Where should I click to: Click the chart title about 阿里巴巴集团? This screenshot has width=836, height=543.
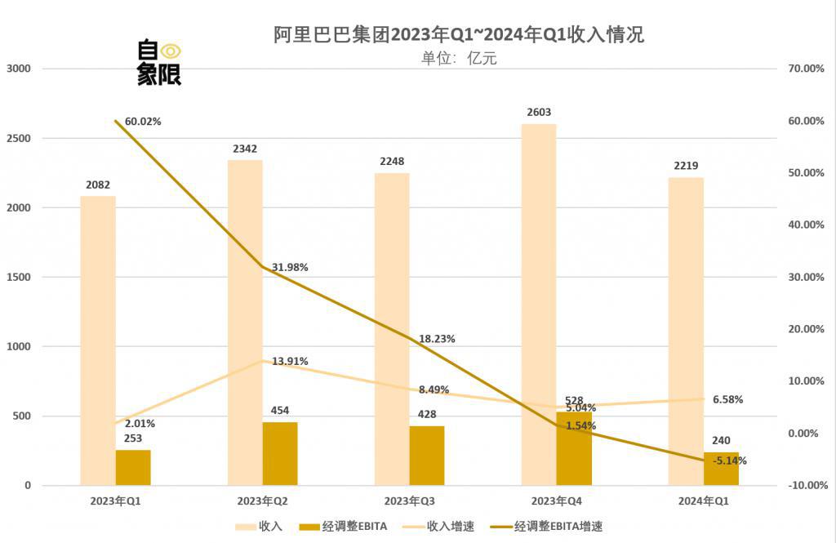click(459, 34)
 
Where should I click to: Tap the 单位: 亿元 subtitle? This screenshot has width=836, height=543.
click(459, 58)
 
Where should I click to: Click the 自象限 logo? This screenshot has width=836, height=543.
click(158, 63)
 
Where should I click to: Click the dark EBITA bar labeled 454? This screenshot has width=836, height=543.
click(280, 453)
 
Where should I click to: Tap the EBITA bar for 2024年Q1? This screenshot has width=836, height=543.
click(721, 468)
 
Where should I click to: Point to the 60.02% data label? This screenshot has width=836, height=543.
click(143, 122)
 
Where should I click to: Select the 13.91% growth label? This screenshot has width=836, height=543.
click(290, 361)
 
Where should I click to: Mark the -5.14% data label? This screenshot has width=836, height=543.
click(729, 461)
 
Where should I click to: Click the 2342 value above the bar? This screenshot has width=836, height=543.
click(245, 149)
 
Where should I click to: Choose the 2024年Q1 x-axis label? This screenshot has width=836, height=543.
click(703, 500)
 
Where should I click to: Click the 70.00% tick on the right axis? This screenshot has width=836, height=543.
click(802, 69)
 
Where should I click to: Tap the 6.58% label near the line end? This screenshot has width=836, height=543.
click(727, 399)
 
